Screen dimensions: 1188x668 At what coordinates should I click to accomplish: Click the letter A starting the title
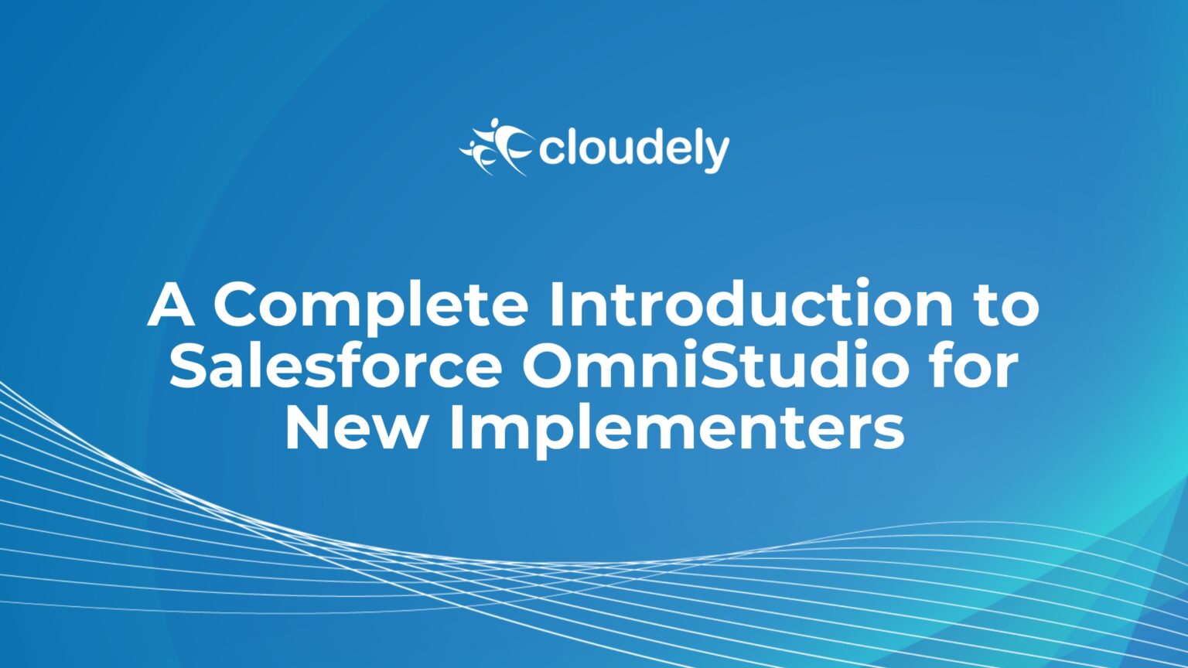[x=170, y=304]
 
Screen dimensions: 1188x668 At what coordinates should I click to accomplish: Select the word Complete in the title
[x=370, y=307]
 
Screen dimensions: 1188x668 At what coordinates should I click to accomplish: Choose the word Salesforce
[x=335, y=365]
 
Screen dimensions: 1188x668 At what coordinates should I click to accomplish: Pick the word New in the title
[x=355, y=426]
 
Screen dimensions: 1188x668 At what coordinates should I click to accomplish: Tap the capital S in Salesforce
[x=188, y=365]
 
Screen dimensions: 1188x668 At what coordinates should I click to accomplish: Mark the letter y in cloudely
[x=716, y=154]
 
